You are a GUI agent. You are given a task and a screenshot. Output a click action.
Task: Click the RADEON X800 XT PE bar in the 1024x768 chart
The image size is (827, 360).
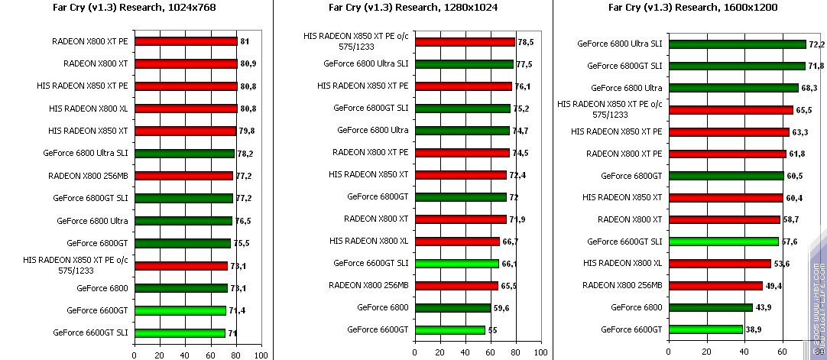coord(186,41)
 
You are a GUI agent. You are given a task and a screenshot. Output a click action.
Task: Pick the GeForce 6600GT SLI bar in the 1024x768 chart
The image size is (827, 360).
coord(180,333)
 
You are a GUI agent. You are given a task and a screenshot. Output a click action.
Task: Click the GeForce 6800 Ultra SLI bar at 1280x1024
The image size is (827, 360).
coord(463,64)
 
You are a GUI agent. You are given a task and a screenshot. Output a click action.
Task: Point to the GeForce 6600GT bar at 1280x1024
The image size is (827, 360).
coord(449,330)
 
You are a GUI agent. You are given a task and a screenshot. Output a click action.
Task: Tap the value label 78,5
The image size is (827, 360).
coord(525,42)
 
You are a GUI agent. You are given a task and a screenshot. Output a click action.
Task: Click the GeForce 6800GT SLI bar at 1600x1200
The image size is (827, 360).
coord(737,66)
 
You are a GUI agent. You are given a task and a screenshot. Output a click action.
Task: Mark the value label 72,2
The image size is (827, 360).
coord(817,44)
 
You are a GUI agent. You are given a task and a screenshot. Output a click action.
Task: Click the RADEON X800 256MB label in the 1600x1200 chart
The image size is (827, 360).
coord(622,286)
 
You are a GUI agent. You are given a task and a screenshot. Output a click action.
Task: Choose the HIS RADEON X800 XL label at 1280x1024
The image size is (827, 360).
coord(368,241)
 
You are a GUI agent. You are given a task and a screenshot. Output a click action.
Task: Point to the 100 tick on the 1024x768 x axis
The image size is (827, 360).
coord(261,355)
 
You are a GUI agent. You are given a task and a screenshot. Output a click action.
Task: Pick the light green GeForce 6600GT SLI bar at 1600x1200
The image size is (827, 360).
coord(723,242)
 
